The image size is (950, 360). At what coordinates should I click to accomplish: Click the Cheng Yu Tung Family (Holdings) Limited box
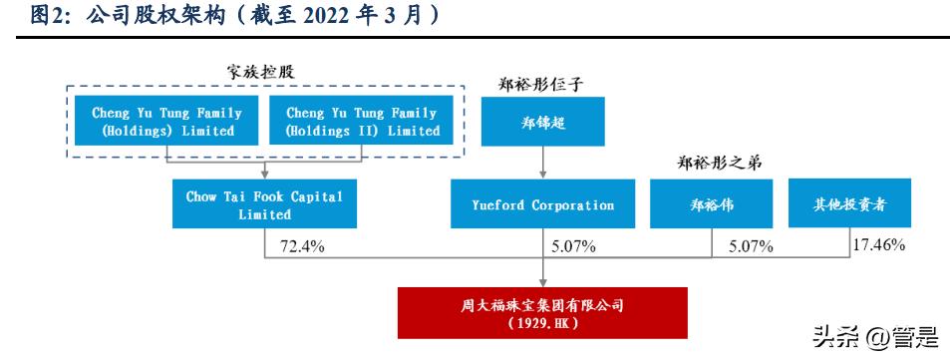point(163,122)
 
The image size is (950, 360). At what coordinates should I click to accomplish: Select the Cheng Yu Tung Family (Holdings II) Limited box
point(362,122)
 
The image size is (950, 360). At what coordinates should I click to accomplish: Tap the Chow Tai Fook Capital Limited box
point(264,204)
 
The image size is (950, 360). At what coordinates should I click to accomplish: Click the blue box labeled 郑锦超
point(542,122)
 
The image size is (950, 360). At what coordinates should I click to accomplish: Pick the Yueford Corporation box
point(542,204)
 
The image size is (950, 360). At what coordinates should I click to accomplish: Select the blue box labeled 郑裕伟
point(712,204)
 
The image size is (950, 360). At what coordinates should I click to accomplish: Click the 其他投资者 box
point(849,204)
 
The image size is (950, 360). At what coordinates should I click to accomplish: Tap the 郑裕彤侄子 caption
point(541,83)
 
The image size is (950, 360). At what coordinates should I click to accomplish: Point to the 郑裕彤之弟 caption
point(711,163)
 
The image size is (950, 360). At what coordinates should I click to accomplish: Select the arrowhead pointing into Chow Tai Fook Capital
point(264,174)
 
